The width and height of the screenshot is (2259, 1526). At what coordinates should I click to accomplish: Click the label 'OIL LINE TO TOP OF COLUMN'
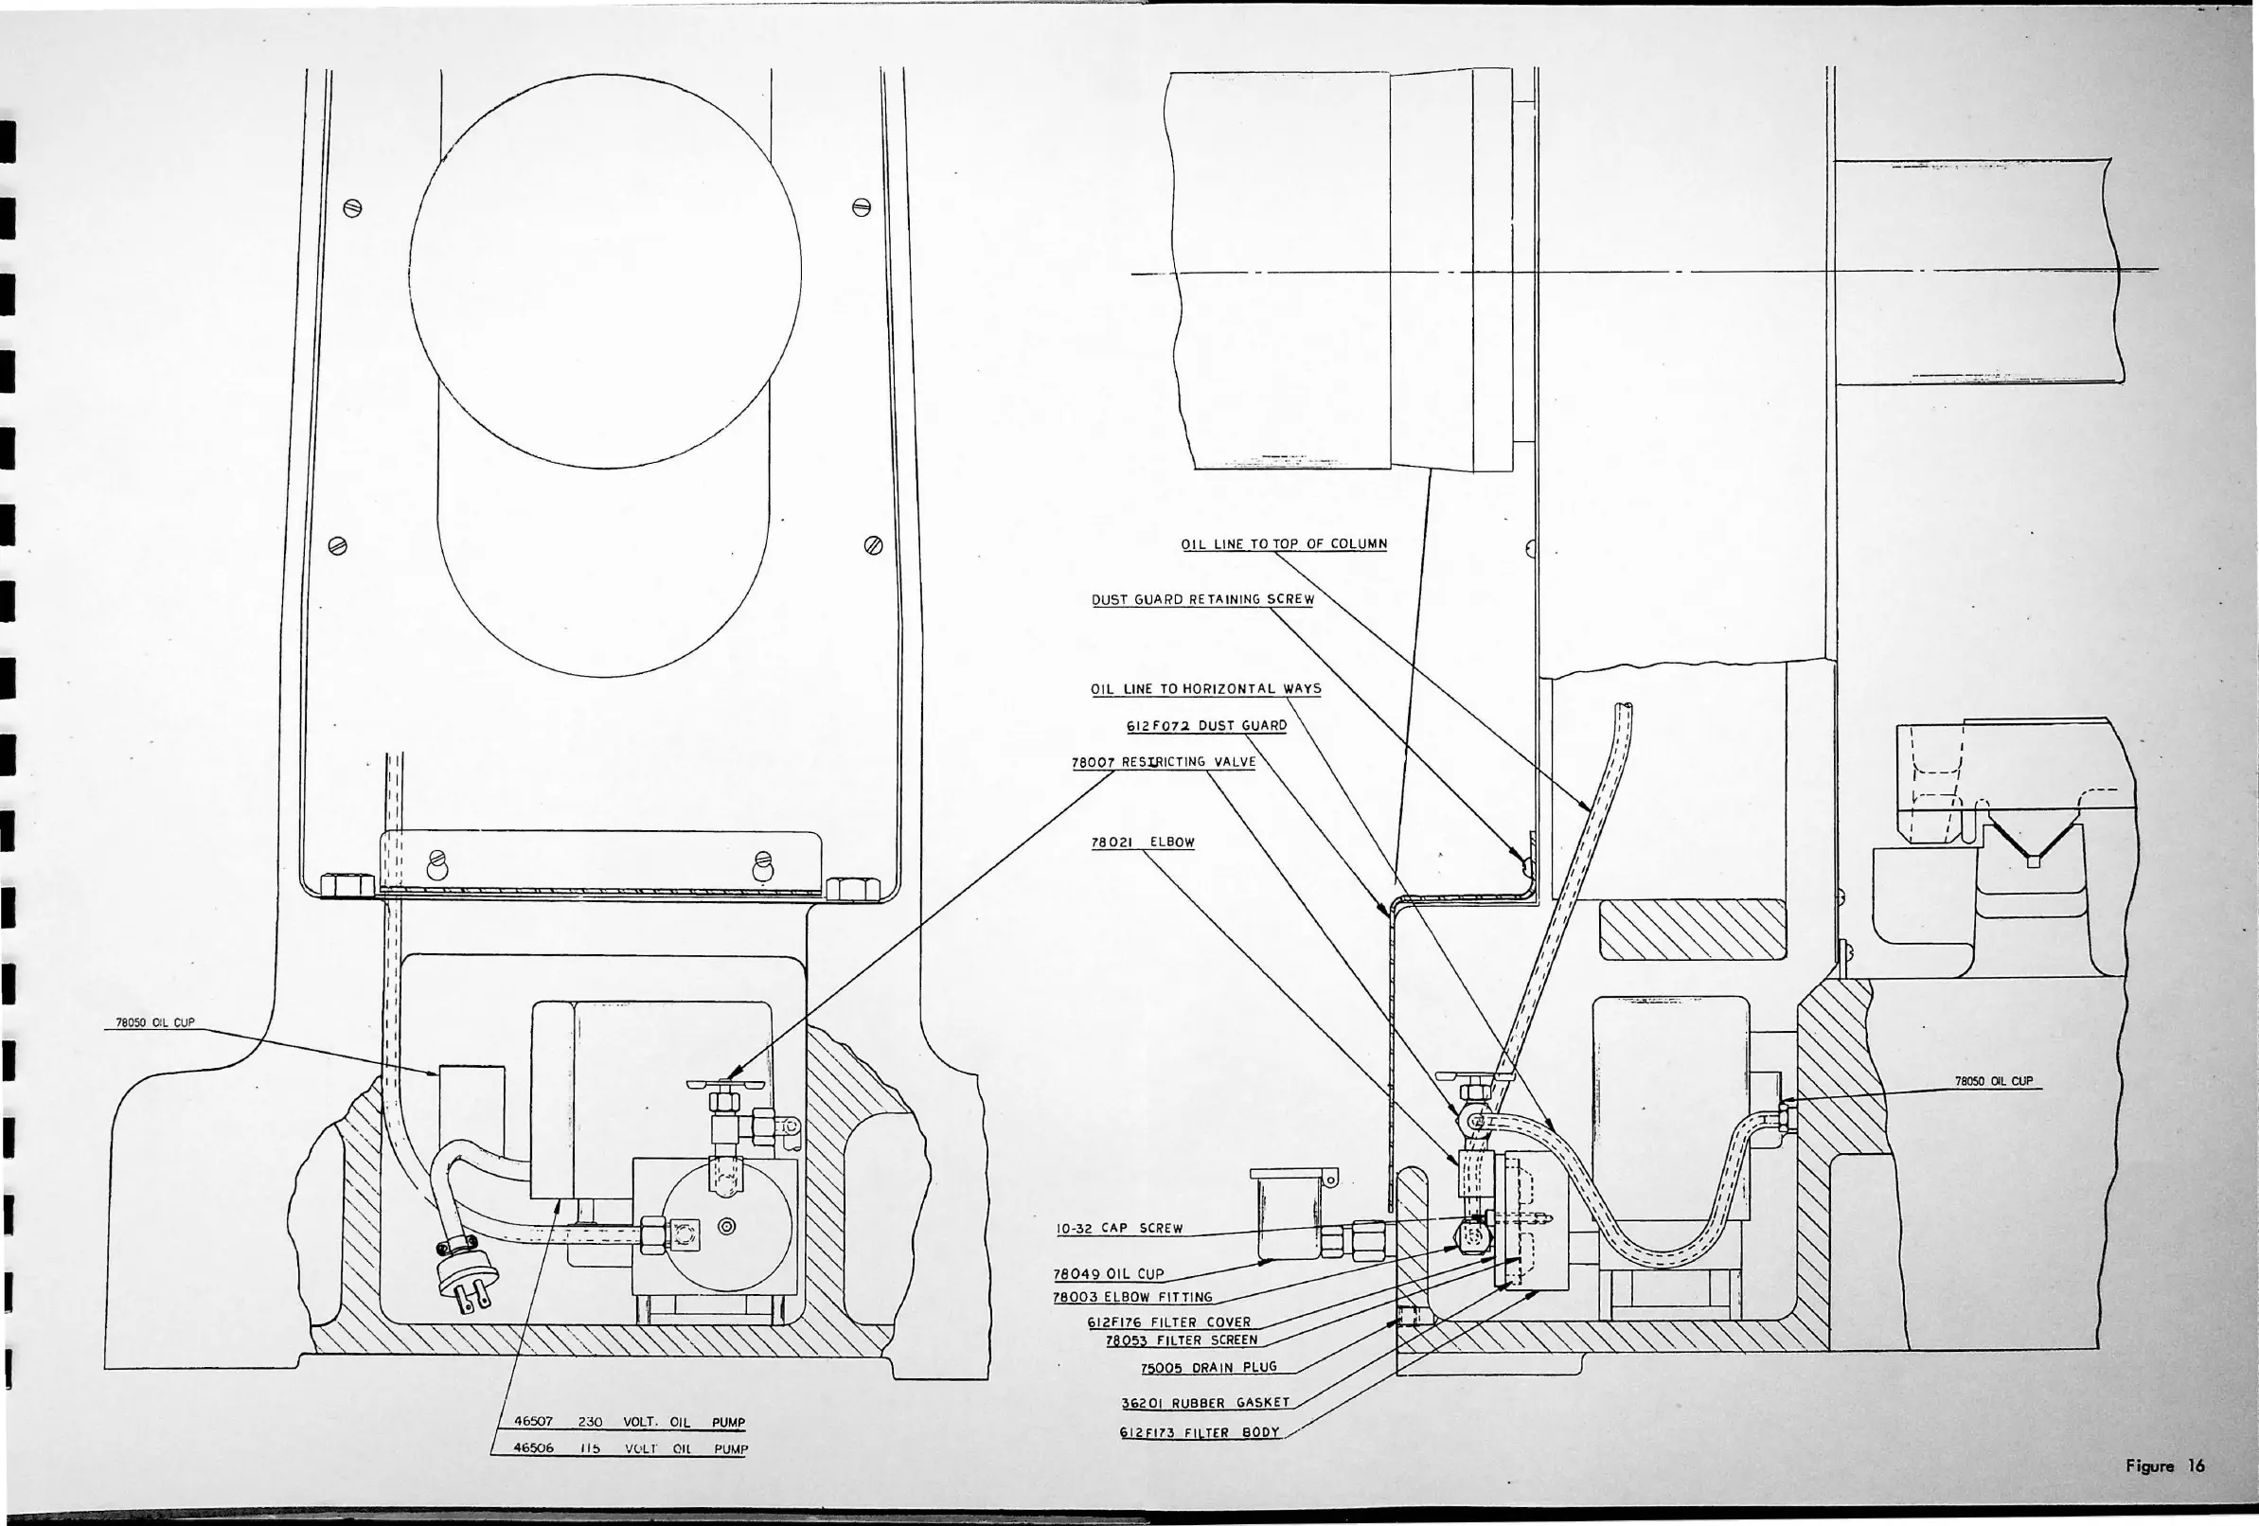[x=1283, y=544]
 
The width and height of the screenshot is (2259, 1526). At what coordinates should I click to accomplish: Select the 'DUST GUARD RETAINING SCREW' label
[x=1202, y=600]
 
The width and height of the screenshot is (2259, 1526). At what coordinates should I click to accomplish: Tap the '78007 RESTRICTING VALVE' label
[x=1164, y=762]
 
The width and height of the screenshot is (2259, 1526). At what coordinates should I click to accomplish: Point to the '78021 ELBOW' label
[x=1142, y=842]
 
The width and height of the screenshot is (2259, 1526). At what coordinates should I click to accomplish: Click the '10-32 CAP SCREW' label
[x=1119, y=1228]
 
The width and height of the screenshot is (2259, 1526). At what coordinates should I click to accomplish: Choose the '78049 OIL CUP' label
[x=1108, y=1274]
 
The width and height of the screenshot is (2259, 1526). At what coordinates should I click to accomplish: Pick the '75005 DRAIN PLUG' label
[x=1208, y=1368]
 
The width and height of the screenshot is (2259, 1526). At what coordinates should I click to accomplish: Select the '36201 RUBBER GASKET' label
[x=1205, y=1403]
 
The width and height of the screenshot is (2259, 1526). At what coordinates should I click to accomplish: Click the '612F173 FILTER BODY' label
[x=1200, y=1431]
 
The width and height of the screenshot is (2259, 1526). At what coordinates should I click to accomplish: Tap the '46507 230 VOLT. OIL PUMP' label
[x=629, y=1422]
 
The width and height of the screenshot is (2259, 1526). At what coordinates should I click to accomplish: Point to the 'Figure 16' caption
[x=2164, y=1465]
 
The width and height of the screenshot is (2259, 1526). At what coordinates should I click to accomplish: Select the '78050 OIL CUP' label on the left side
[x=155, y=1022]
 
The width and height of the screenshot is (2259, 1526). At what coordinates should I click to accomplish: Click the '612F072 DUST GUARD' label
[x=1206, y=725]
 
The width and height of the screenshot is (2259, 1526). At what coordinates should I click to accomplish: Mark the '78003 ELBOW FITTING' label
[x=1132, y=1297]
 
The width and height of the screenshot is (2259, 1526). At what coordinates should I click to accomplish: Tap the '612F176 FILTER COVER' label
[x=1168, y=1322]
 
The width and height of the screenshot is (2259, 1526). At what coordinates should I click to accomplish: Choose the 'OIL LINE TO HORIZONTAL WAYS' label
[x=1205, y=689]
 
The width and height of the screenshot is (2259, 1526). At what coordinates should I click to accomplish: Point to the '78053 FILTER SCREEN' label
[x=1181, y=1340]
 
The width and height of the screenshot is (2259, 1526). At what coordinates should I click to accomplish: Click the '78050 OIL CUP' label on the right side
[x=1994, y=1081]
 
